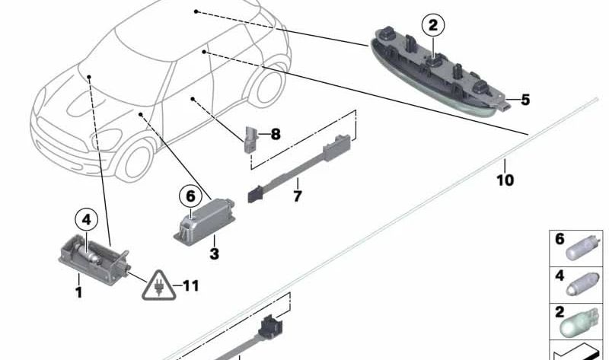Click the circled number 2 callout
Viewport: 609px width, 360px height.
432,26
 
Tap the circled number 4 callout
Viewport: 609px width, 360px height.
86,220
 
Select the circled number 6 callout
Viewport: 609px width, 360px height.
190,196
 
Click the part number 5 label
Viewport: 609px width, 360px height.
525,100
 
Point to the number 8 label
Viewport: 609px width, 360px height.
276,135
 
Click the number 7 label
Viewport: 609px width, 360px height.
298,196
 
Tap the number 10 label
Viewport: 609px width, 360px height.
505,180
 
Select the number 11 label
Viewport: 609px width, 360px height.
191,286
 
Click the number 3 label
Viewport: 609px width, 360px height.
214,254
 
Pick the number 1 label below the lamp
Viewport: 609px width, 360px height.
79,292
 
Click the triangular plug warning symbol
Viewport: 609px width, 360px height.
158,286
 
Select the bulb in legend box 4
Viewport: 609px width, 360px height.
580,285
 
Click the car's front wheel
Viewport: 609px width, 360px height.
136,161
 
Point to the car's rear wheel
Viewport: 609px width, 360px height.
269,86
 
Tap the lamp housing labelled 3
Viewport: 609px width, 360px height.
204,221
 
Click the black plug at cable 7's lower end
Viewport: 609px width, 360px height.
254,194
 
